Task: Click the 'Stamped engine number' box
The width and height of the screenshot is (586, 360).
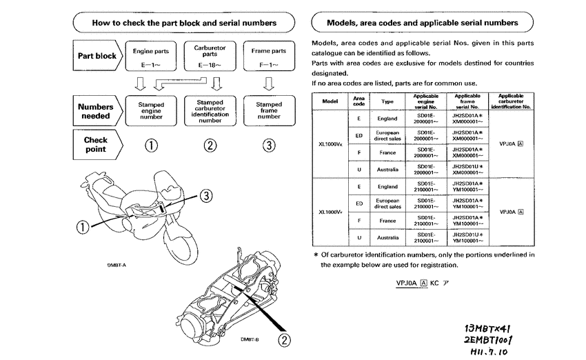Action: [152, 110]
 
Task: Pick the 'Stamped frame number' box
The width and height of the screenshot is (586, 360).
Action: [268, 110]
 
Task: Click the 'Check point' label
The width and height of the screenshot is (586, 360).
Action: [96, 144]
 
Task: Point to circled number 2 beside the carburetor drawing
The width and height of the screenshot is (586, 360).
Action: [284, 339]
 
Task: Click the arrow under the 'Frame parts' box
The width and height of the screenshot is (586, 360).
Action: [268, 84]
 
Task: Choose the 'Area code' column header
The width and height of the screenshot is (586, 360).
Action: [358, 101]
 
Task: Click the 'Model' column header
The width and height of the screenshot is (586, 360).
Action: [329, 101]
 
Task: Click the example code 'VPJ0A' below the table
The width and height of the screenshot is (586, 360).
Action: [407, 283]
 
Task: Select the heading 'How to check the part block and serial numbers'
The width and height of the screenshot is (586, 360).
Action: [184, 23]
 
